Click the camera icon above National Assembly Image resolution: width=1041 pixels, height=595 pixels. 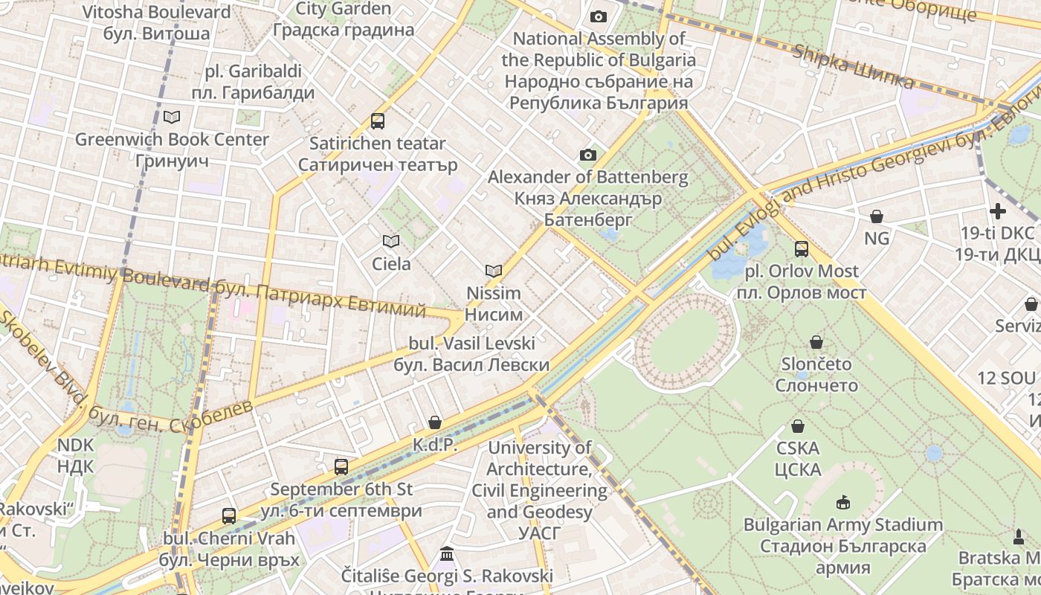tap(598, 16)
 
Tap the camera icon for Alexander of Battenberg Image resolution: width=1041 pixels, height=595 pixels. tap(588, 155)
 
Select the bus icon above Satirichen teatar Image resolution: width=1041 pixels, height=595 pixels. tap(378, 120)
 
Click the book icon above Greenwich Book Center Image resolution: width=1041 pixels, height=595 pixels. tap(172, 117)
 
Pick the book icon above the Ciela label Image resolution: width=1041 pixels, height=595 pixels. tap(391, 241)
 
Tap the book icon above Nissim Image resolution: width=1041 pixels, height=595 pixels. tap(494, 271)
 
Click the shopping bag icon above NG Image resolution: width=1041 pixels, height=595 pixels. tap(877, 216)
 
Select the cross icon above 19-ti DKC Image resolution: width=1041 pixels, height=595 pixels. tap(997, 211)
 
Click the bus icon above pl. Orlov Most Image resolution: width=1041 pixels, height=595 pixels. tap(802, 249)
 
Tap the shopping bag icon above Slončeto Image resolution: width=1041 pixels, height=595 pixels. tap(816, 342)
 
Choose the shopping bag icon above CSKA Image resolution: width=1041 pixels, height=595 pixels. tap(798, 426)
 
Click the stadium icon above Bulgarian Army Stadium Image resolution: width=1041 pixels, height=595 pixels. tap(843, 502)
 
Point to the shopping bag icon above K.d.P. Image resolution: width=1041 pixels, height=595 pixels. tap(435, 422)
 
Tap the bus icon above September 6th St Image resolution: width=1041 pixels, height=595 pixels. tap(341, 467)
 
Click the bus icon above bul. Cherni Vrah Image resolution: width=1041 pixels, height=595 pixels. tap(229, 515)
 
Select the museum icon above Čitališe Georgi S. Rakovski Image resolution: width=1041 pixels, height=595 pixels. tap(447, 554)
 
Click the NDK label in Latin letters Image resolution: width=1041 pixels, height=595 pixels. tap(76, 445)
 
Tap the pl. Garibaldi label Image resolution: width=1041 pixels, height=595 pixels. tap(254, 71)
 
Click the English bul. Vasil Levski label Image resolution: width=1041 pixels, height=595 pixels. tap(472, 344)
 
